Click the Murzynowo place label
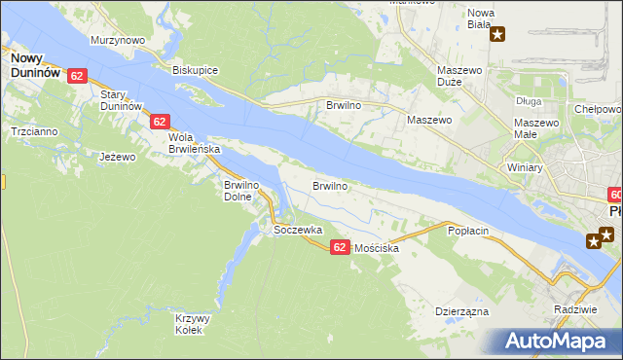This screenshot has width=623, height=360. [x=117, y=40]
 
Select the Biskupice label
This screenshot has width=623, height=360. [x=195, y=70]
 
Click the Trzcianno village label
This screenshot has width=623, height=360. [x=33, y=130]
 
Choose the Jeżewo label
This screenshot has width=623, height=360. [x=116, y=156]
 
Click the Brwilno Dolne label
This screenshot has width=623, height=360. [x=244, y=190]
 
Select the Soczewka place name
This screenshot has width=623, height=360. [x=297, y=230]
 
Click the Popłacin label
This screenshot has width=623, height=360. [x=466, y=231]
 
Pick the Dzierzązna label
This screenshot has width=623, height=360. [x=461, y=311]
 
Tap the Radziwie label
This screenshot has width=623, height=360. [x=572, y=308]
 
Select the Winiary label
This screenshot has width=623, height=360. [x=525, y=167]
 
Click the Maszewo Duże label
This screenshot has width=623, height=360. [x=460, y=77]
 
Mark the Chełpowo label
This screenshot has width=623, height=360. [x=597, y=110]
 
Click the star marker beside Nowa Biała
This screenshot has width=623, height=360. [x=498, y=36]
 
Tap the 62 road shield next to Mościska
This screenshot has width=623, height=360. [x=339, y=247]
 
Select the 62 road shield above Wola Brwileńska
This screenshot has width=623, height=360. [x=161, y=122]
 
